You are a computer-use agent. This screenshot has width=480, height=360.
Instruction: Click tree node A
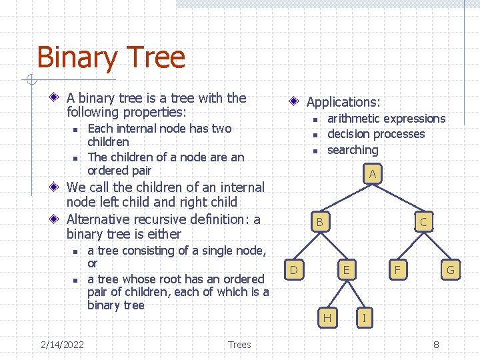coord(373,175)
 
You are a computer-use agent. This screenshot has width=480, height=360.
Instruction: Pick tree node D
coord(293,270)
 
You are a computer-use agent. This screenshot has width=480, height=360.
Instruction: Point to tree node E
coord(345,270)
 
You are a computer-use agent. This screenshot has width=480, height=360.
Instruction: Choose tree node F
coord(397,270)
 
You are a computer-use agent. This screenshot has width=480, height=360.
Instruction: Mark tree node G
coord(450,270)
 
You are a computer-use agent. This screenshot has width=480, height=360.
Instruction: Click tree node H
coord(327,318)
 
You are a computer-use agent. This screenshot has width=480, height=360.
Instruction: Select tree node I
coord(363,318)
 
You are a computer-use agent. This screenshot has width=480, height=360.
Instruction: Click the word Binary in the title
coord(73,58)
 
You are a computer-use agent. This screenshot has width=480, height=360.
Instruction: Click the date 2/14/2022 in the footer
coord(62,345)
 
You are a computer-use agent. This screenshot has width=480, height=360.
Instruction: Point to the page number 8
coord(436,345)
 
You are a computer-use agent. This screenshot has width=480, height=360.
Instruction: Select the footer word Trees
coord(239,345)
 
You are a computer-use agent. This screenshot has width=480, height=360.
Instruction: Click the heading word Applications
coord(343,102)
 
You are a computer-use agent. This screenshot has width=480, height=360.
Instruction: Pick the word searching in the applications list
coord(353,150)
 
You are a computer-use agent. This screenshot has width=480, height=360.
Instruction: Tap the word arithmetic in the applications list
coord(353,119)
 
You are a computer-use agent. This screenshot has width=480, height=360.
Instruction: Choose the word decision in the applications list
coord(349,134)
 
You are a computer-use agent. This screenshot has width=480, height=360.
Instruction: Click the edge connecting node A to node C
coord(398,198)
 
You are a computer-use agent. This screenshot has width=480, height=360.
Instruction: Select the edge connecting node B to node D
coord(307,246)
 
